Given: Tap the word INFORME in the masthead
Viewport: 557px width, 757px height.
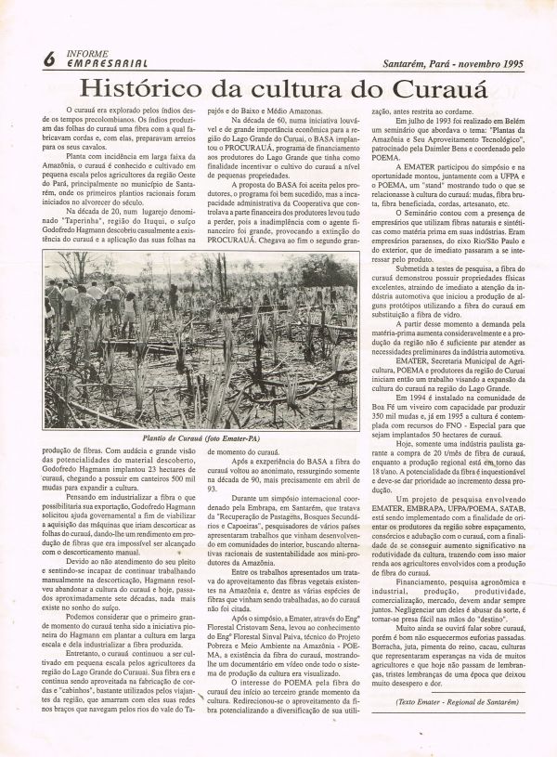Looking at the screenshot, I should [x=85, y=52].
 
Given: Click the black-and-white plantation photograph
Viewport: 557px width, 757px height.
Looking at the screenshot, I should [x=201, y=338].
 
